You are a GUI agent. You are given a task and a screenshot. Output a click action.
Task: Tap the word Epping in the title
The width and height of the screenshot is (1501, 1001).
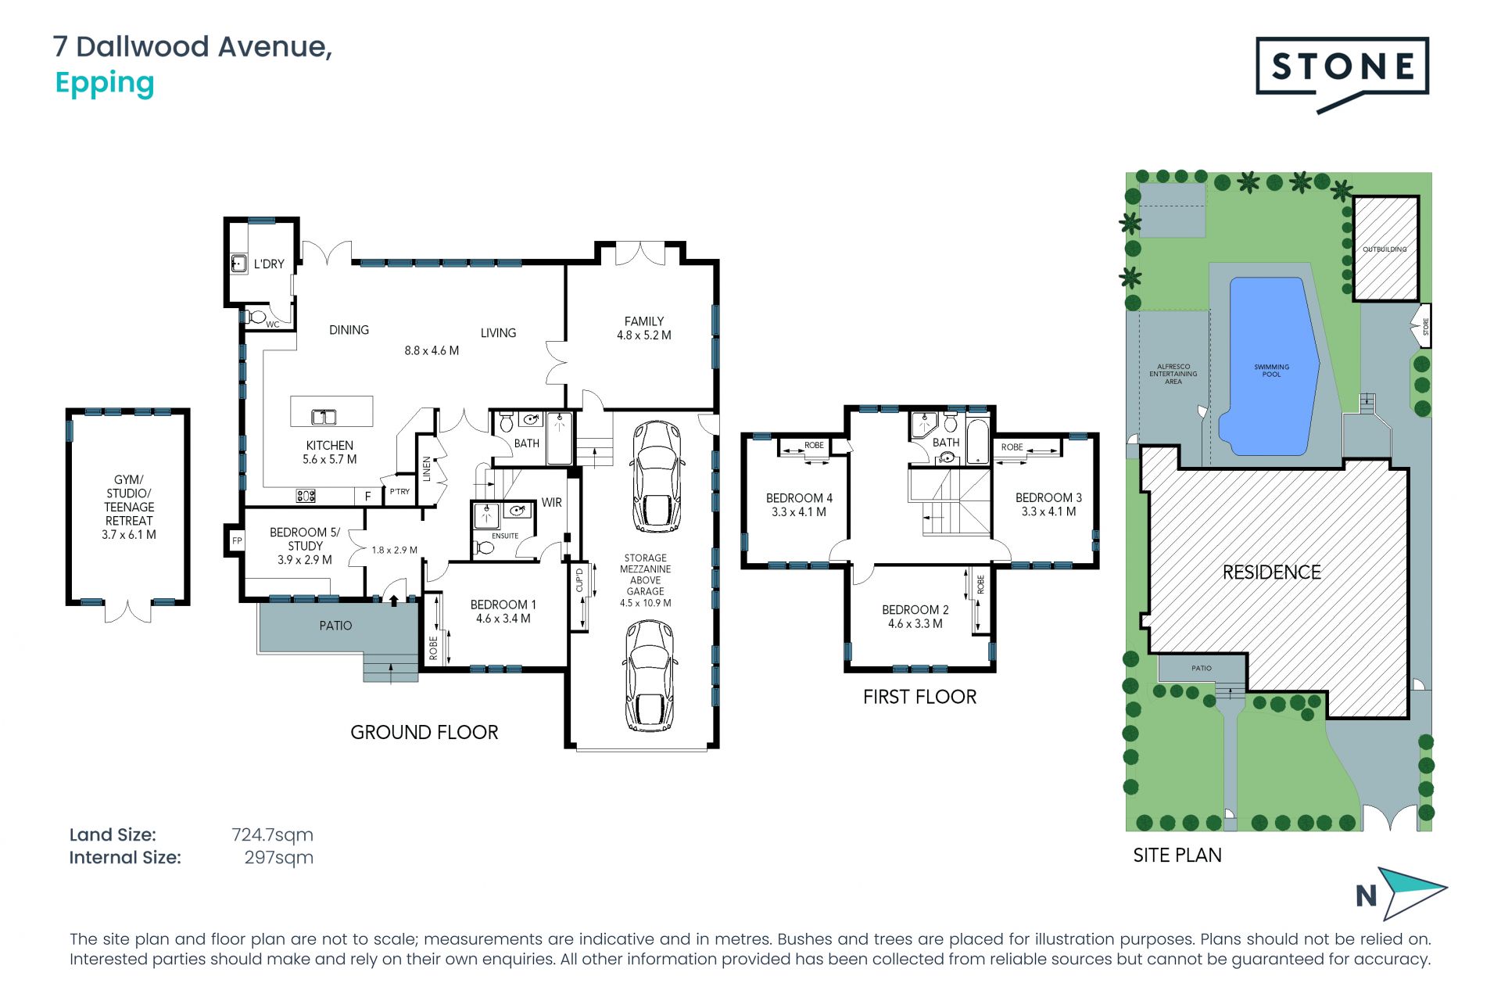[105, 84]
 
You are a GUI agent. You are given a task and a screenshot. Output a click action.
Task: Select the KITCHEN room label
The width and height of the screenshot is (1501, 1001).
[329, 445]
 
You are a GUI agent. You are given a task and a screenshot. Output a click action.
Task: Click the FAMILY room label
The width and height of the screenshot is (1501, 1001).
[644, 321]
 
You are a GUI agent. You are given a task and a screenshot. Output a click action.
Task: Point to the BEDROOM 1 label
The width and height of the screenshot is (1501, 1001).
[503, 605]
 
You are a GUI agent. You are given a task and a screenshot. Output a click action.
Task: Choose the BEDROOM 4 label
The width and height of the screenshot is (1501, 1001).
[799, 498]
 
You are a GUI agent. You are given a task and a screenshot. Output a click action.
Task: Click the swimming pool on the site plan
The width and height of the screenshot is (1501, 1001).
[1269, 366]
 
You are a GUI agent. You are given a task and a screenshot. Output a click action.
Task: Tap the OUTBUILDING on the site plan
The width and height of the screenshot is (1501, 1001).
[1385, 248]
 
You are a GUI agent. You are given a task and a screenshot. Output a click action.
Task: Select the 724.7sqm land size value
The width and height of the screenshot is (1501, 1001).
[272, 835]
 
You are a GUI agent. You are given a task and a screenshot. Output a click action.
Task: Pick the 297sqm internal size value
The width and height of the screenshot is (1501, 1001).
[279, 858]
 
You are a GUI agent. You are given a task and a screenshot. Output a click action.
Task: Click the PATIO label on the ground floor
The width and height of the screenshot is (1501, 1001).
[335, 626]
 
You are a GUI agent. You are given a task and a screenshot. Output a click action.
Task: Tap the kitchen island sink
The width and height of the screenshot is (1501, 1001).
[324, 417]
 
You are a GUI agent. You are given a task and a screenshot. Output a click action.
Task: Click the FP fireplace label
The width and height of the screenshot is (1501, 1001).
[237, 540]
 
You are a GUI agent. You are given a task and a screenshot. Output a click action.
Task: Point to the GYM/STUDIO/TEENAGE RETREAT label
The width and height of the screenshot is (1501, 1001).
[129, 507]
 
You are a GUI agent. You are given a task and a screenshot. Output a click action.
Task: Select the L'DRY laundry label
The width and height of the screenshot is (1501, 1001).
[269, 264]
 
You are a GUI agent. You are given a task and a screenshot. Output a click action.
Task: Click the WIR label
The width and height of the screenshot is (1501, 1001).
[551, 503]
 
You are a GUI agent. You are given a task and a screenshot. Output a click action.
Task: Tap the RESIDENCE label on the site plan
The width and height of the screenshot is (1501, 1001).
[1271, 572]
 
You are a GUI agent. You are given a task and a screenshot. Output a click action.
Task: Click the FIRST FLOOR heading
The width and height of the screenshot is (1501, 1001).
[919, 697]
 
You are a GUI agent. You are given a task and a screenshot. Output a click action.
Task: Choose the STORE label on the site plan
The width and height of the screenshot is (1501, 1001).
[1425, 326]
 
